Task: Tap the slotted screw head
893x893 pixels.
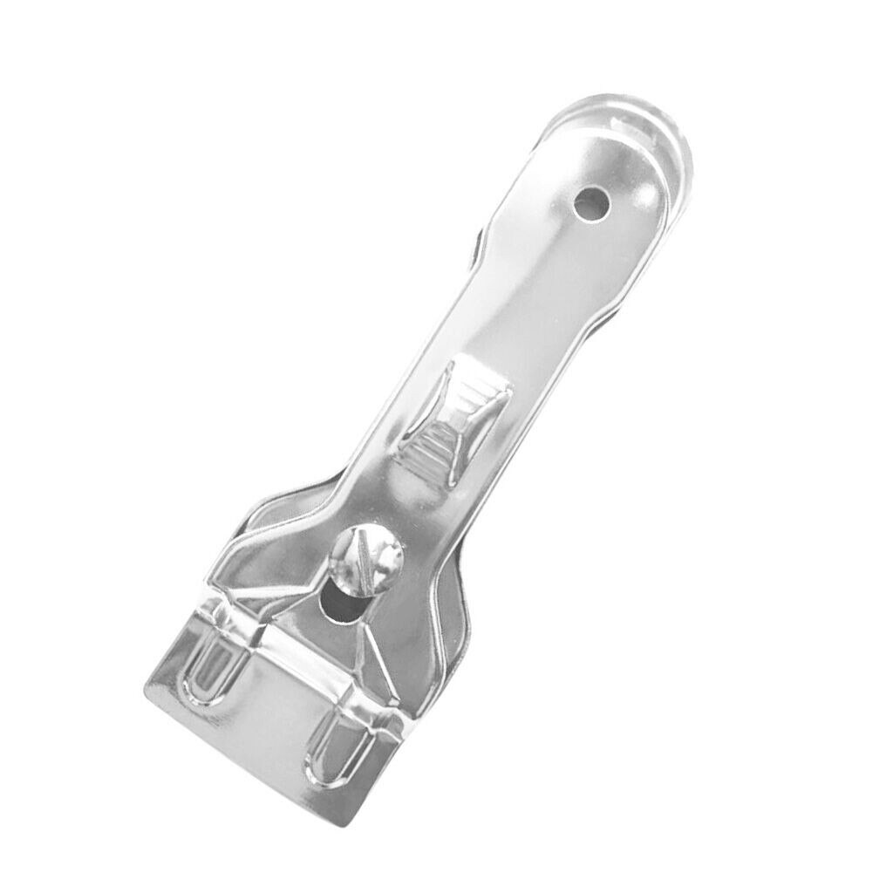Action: [x=366, y=560]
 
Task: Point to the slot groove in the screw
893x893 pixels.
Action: [x=361, y=559]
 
